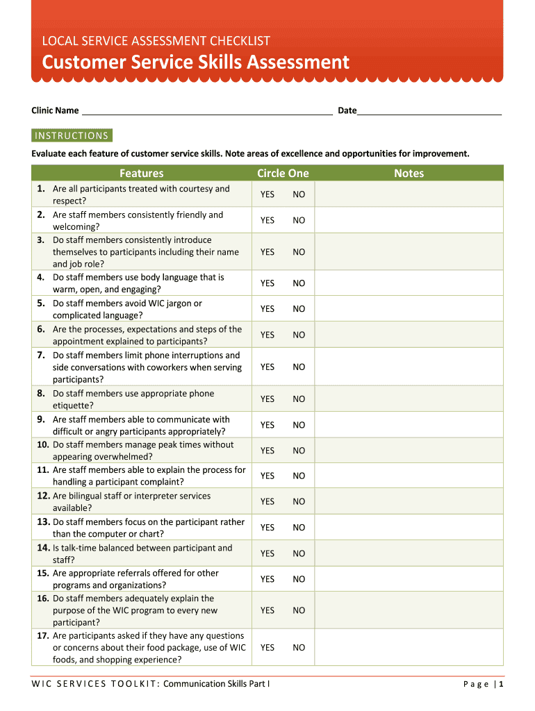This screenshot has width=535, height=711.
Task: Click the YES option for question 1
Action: [x=267, y=194]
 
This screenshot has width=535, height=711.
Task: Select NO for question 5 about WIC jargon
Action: [x=299, y=309]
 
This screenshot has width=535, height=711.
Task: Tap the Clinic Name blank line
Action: [x=206, y=110]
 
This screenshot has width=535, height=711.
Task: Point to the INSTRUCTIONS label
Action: [x=72, y=135]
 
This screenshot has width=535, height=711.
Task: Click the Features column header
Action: [x=141, y=173]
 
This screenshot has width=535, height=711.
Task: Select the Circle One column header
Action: [x=283, y=173]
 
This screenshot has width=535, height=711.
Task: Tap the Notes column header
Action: [x=409, y=173]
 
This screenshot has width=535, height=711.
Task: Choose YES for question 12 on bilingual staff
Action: [x=267, y=501]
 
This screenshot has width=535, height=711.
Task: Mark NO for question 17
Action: [x=299, y=648]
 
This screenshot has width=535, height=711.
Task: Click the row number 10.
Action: [x=43, y=445]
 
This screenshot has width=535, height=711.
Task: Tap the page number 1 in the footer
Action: [x=501, y=684]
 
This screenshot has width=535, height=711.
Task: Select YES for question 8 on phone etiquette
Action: [x=267, y=399]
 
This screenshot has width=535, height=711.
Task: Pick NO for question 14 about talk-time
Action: [x=299, y=553]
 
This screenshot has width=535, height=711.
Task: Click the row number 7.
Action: [x=42, y=355]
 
